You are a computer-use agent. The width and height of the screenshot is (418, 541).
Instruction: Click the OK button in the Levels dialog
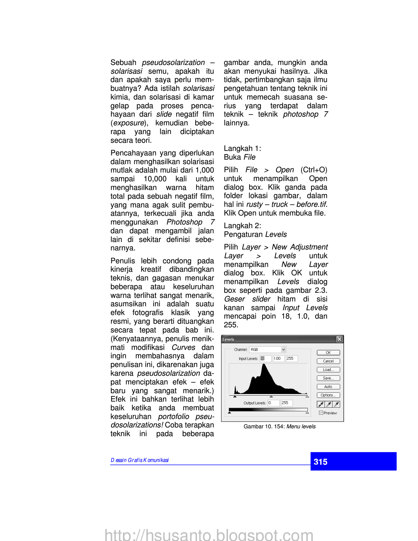pyautogui.click(x=328, y=353)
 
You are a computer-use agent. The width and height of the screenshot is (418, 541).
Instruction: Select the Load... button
pyautogui.click(x=328, y=370)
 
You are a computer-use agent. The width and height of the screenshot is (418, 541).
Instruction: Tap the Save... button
pyautogui.click(x=328, y=378)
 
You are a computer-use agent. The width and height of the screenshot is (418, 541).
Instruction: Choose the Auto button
pyautogui.click(x=328, y=387)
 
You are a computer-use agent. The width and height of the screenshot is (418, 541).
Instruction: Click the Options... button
pyautogui.click(x=328, y=395)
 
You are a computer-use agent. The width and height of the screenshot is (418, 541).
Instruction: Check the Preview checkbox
pyautogui.click(x=321, y=413)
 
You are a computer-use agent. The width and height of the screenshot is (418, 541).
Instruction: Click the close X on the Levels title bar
pyautogui.click(x=340, y=339)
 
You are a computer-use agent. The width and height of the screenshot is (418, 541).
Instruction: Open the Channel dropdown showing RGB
pyautogui.click(x=283, y=350)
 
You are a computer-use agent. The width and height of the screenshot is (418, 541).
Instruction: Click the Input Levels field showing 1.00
pyautogui.click(x=278, y=359)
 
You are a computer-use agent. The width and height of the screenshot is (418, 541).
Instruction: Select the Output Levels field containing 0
pyautogui.click(x=273, y=403)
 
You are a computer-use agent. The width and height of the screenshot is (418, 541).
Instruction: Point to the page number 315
pyautogui.click(x=321, y=462)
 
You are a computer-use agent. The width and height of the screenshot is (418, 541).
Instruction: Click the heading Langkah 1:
pyautogui.click(x=242, y=148)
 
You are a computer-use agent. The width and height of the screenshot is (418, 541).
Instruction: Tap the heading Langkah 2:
pyautogui.click(x=242, y=226)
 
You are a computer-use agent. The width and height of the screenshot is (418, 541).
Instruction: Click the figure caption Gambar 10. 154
pyautogui.click(x=279, y=426)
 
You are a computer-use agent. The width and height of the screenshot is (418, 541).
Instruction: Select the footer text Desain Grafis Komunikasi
pyautogui.click(x=140, y=460)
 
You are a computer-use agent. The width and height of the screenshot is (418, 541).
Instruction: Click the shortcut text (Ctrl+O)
pyautogui.click(x=314, y=170)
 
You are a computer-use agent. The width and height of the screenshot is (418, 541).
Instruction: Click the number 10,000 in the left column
pyautogui.click(x=155, y=179)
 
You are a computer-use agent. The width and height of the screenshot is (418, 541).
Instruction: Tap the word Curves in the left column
pyautogui.click(x=183, y=347)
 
